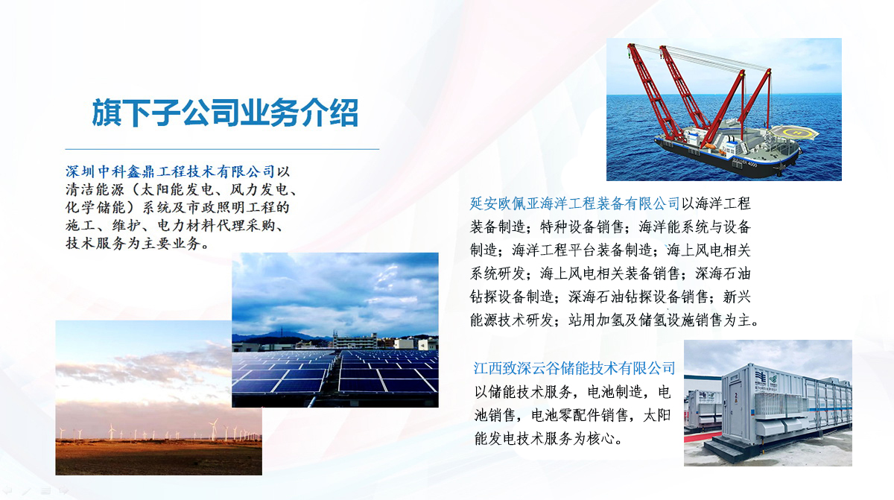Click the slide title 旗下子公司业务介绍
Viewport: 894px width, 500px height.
point(225,113)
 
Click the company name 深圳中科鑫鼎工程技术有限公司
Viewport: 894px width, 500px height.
point(171,171)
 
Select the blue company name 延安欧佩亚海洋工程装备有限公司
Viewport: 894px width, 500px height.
point(574,204)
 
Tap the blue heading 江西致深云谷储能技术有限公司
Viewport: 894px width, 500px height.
point(574,368)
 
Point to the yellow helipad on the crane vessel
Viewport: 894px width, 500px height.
point(794,133)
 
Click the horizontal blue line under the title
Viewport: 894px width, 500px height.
point(222,149)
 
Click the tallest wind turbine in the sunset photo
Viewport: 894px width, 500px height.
point(214,428)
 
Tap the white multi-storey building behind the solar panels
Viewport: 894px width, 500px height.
point(355,341)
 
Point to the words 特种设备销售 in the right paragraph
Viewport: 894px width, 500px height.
point(582,227)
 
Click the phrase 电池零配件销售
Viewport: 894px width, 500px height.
point(580,416)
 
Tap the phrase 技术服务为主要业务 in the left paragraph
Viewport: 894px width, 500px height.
point(133,244)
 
